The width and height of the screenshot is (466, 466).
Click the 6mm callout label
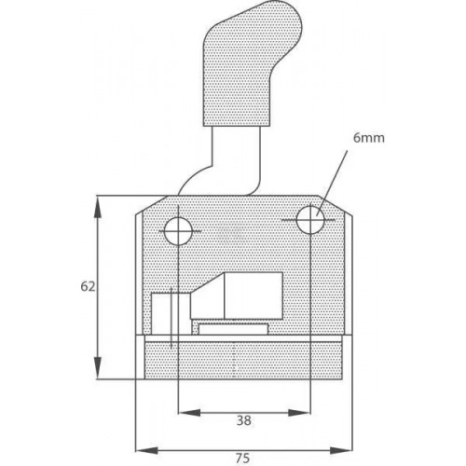(x=369, y=138)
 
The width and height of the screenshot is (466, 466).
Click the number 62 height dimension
(x=88, y=286)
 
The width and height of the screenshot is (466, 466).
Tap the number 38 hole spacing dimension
(x=244, y=420)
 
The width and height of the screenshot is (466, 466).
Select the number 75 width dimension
(x=242, y=459)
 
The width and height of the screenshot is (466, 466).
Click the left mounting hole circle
(x=178, y=231)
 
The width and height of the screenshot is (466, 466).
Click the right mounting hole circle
(x=310, y=220)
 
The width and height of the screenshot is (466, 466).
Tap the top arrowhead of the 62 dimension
(x=98, y=208)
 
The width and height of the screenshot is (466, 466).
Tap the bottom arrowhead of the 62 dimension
(x=98, y=366)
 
